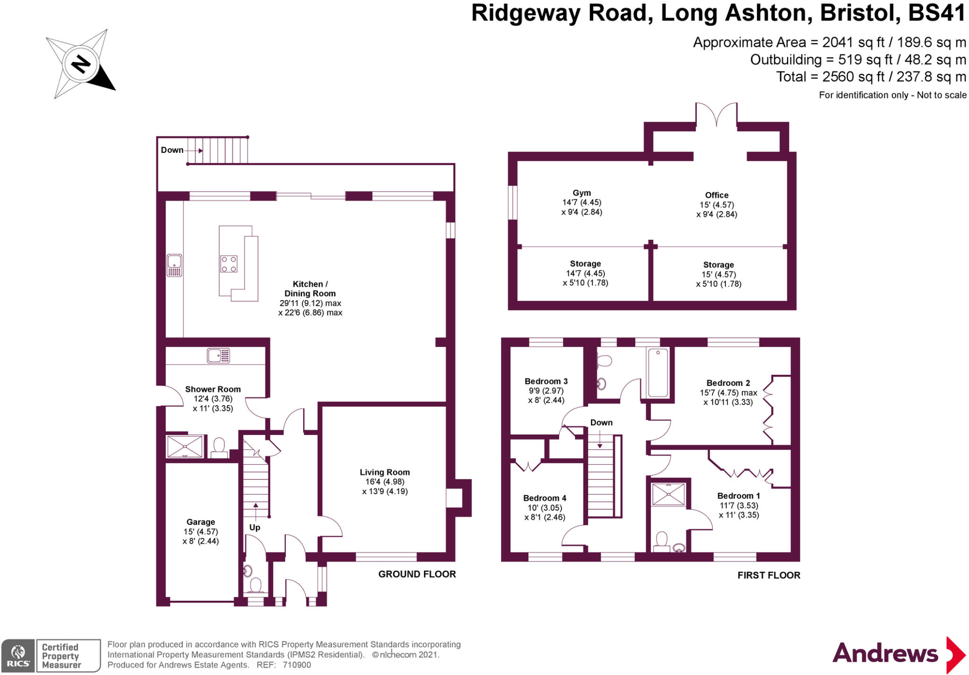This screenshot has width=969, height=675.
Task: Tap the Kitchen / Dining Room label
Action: pos(310,289)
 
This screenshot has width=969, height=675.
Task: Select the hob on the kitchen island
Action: pos(229,264)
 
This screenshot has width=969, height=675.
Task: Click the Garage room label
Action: pos(201,522)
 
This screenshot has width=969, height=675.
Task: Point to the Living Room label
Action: pos(385,472)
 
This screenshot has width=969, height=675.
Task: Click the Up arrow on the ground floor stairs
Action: pos(255,511)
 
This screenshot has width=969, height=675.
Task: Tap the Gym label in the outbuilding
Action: pos(581,193)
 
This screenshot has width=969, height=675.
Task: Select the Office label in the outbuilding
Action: pos(716,195)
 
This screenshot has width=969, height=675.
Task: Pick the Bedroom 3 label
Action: pos(546,381)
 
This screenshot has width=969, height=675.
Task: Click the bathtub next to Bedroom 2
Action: pos(658,373)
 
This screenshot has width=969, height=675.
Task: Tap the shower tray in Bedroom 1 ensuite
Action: pos(669,494)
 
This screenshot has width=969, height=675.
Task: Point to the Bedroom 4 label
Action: pos(545,498)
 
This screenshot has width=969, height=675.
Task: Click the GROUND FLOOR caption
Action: pos(417,574)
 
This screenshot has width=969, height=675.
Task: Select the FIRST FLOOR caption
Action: pos(768,575)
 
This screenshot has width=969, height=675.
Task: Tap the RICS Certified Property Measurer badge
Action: pos(51,656)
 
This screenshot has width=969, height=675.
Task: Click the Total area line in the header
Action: pos(871,77)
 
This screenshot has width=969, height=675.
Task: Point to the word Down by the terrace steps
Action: pos(172,150)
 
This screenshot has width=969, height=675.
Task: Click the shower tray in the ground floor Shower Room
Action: pos(185,446)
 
